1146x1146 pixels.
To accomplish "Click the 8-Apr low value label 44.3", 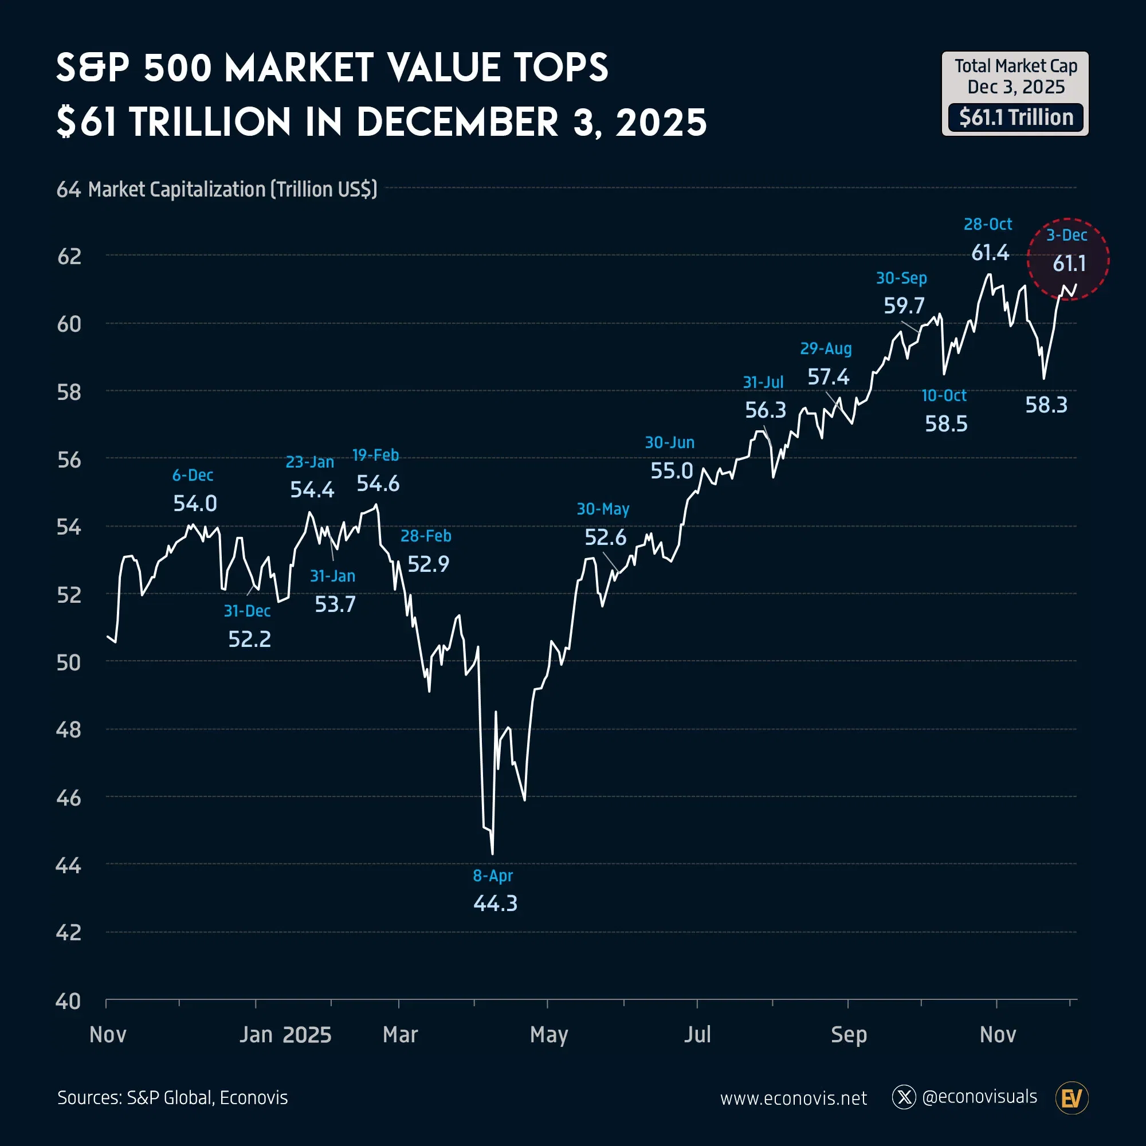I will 495,904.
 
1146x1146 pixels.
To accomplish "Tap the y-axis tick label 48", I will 69,730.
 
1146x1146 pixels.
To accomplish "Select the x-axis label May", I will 549,1034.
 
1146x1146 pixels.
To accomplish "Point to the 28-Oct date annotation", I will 988,224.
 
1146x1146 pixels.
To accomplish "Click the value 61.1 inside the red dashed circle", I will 1069,264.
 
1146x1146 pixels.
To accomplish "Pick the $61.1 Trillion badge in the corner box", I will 1015,117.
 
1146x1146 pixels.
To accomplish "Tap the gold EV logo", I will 1072,1098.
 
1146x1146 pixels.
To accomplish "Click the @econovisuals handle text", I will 979,1097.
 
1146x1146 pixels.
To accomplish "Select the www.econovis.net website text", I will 793,1098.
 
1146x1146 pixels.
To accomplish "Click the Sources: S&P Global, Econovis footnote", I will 172,1098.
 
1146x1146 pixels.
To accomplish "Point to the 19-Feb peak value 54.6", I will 378,484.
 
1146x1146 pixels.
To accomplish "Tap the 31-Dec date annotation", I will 247,611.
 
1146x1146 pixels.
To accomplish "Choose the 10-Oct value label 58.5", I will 946,423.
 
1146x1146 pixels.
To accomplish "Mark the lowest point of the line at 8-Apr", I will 493,854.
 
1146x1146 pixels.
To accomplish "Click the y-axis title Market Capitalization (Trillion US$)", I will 233,189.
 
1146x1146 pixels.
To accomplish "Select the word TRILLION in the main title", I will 210,123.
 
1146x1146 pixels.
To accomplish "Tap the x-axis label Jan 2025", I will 285,1034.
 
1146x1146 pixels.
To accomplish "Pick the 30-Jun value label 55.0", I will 672,471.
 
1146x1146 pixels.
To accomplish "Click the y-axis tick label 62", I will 69,256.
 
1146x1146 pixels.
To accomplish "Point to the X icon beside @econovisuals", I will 904,1097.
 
